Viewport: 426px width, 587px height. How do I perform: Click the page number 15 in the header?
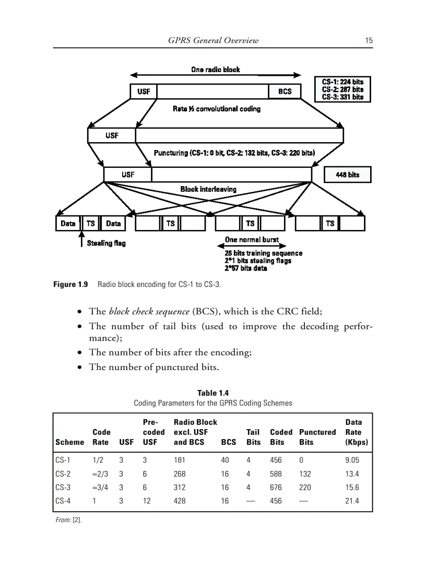369,40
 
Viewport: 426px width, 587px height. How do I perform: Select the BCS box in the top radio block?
285,91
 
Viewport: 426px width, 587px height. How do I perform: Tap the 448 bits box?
347,175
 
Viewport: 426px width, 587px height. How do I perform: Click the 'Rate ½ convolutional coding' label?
217,109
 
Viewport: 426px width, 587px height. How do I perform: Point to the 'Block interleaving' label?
208,189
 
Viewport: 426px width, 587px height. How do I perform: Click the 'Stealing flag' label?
106,243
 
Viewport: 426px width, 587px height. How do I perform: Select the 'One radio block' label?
216,70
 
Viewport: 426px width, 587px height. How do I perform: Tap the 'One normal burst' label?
252,239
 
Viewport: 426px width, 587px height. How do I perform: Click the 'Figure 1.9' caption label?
70,285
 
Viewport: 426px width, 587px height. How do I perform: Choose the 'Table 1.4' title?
212,393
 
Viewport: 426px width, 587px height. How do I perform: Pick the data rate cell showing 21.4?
352,501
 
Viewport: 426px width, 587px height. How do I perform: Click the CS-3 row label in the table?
63,487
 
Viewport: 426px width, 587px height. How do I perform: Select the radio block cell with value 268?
180,474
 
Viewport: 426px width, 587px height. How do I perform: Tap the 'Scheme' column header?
69,442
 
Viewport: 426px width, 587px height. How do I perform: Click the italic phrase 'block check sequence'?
149,312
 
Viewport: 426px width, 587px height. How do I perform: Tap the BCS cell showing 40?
224,460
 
